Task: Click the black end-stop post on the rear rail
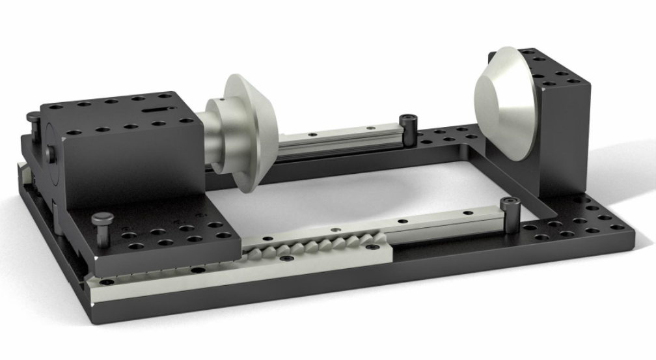[x=409, y=128]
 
